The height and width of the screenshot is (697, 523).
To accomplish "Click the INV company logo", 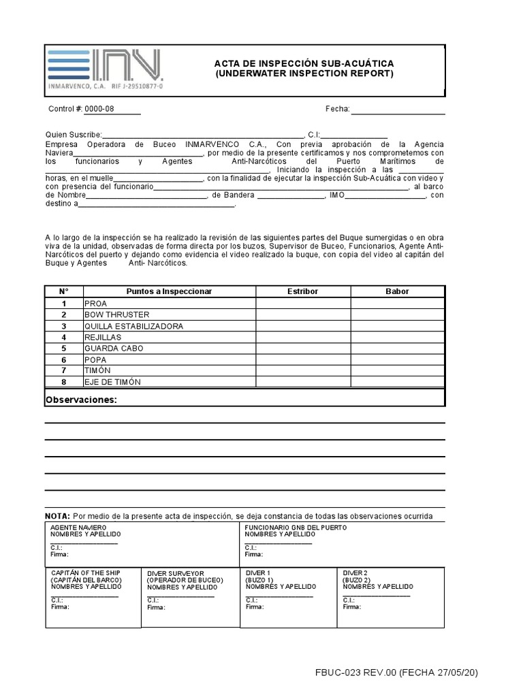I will (105, 69).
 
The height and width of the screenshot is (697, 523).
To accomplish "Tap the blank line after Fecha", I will (398, 110).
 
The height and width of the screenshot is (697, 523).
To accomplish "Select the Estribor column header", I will (303, 291).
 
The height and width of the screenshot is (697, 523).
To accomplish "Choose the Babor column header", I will (397, 291).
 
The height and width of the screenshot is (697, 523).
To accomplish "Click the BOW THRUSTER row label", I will (116, 315).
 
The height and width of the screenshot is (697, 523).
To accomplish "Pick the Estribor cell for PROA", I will (303, 304).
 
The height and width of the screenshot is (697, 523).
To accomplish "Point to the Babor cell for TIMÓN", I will (397, 370).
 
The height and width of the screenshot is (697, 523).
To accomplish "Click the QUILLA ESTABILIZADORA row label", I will (133, 326).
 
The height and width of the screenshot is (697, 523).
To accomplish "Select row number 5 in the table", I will (63, 348).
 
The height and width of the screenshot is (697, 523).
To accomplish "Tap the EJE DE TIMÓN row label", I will (112, 382).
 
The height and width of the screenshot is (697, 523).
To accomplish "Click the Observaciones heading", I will (81, 400).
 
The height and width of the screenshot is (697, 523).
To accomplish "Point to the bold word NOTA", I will (57, 516).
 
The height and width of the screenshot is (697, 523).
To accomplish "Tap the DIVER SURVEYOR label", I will (175, 574).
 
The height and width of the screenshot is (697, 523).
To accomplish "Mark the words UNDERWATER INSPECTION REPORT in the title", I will (304, 74).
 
